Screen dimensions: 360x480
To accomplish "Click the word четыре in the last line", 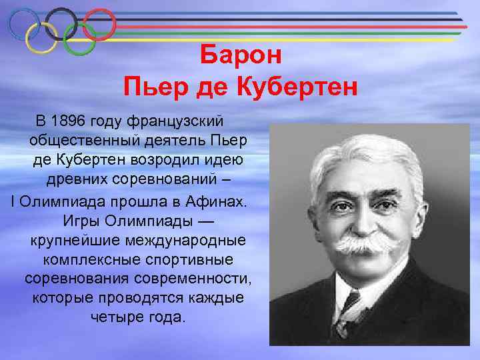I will [x=115, y=316].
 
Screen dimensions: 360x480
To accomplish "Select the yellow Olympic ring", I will [x=42, y=38].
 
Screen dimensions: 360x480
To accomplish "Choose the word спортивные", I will [x=189, y=258].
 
